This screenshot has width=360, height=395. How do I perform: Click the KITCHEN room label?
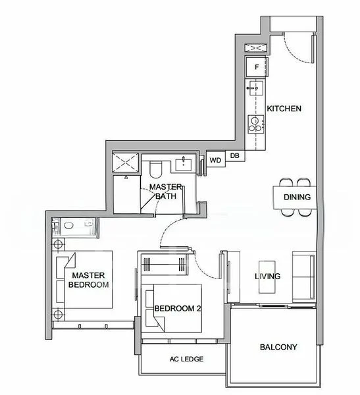(284, 108)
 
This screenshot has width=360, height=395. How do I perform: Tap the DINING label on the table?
(297, 197)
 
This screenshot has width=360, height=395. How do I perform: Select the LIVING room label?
(268, 276)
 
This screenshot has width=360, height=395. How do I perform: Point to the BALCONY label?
(278, 347)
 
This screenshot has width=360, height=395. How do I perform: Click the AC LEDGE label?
(186, 359)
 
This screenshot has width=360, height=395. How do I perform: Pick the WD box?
(215, 160)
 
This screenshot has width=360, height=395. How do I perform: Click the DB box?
(234, 156)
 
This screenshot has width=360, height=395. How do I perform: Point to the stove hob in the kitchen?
(254, 123)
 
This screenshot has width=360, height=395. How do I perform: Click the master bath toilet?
(155, 171)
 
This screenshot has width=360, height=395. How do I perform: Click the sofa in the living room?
(304, 276)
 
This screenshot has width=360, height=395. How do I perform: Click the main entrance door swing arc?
(296, 46)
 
